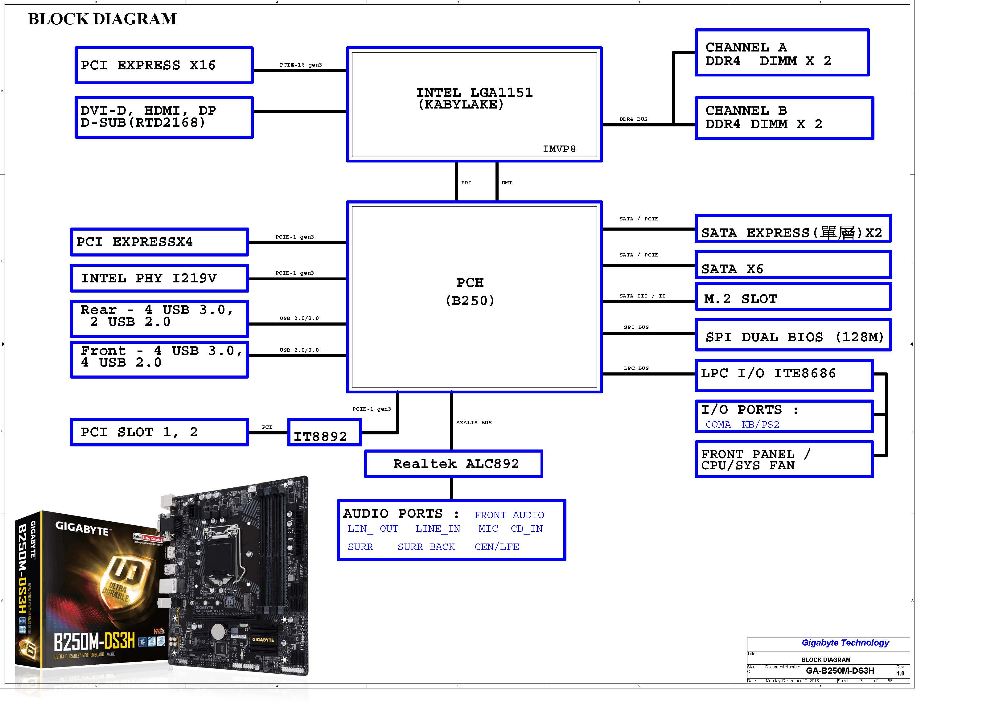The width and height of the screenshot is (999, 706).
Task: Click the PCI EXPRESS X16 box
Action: (x=164, y=65)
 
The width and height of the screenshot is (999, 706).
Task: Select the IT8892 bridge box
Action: (x=325, y=433)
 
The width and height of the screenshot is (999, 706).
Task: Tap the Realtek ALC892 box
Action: (x=453, y=464)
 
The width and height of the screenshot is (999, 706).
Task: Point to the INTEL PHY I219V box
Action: (x=159, y=278)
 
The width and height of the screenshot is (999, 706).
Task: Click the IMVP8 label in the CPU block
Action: (x=559, y=149)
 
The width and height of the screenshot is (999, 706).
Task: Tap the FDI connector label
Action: (x=466, y=183)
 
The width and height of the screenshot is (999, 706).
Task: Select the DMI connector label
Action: (x=507, y=183)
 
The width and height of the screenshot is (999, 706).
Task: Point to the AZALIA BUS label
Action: (x=474, y=422)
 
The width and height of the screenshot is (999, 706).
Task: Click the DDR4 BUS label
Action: (x=633, y=119)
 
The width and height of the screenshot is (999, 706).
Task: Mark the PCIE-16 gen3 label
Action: (x=301, y=65)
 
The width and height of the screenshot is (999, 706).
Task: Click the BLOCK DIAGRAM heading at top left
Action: (x=102, y=19)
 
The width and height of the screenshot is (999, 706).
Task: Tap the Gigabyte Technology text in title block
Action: (x=845, y=642)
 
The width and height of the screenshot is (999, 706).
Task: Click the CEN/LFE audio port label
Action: (x=496, y=547)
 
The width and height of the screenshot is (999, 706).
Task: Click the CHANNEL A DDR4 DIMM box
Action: (x=782, y=53)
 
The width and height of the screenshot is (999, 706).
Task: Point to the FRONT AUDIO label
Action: (x=509, y=515)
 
